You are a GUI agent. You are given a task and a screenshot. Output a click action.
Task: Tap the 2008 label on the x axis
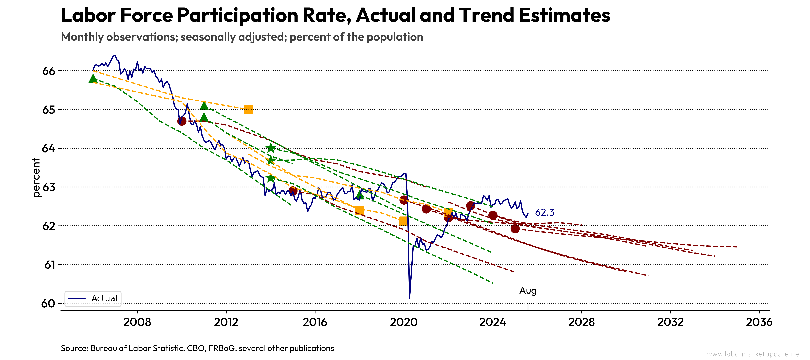pos(137,322)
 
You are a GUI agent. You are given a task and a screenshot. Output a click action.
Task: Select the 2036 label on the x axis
pos(759,322)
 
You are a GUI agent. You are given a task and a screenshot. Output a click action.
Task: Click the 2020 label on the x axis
pos(404,322)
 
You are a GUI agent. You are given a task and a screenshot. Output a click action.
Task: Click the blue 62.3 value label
pos(545,212)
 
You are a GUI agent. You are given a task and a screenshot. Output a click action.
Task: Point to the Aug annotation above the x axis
pos(528,290)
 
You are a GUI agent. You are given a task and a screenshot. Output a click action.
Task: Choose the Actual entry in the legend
pos(104,298)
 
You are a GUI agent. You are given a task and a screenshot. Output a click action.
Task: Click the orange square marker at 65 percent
pos(248,109)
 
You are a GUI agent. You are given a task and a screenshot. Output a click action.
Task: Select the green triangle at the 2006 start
pos(92,79)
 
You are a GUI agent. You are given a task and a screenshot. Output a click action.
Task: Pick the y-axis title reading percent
pos(36,178)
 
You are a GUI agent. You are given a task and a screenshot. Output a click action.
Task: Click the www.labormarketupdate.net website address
pos(754,354)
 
